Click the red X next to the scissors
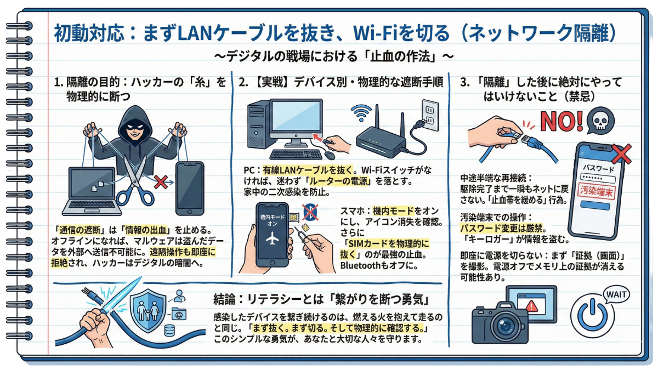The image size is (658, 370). pos(161,181)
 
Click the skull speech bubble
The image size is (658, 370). pos(598,122)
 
